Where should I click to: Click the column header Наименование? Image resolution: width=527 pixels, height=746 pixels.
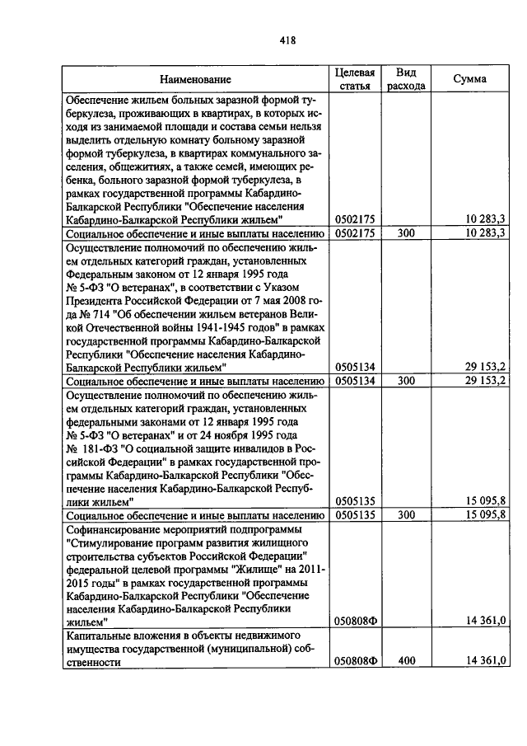click(195, 79)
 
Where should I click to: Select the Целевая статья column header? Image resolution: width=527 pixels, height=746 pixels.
click(355, 78)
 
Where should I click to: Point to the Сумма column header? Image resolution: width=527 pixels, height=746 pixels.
click(469, 79)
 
